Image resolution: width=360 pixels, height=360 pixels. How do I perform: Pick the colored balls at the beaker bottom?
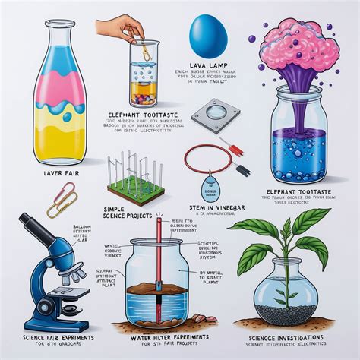click(x=141, y=98)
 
